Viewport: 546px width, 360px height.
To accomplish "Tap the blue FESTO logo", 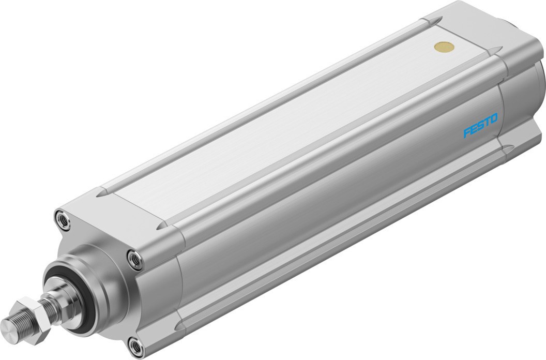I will tap(480, 126).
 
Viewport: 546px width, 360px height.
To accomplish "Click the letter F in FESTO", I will tap(467, 134).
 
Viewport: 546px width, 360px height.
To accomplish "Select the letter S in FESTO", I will tap(480, 126).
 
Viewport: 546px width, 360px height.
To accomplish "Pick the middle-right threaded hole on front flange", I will tap(134, 259).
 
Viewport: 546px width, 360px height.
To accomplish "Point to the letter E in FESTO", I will tap(473, 130).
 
